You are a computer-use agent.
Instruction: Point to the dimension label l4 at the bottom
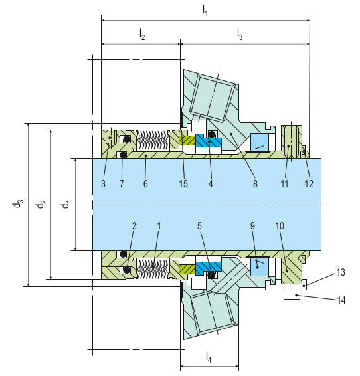tap(209, 357)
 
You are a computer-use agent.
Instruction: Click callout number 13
tap(341, 272)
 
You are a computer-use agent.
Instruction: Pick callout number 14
tap(341, 300)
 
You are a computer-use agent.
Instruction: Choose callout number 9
tap(253, 226)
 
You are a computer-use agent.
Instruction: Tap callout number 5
tap(199, 226)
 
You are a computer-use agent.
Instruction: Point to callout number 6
tap(145, 183)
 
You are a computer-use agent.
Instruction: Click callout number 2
tap(134, 226)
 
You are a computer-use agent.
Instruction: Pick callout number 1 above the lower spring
tap(158, 226)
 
